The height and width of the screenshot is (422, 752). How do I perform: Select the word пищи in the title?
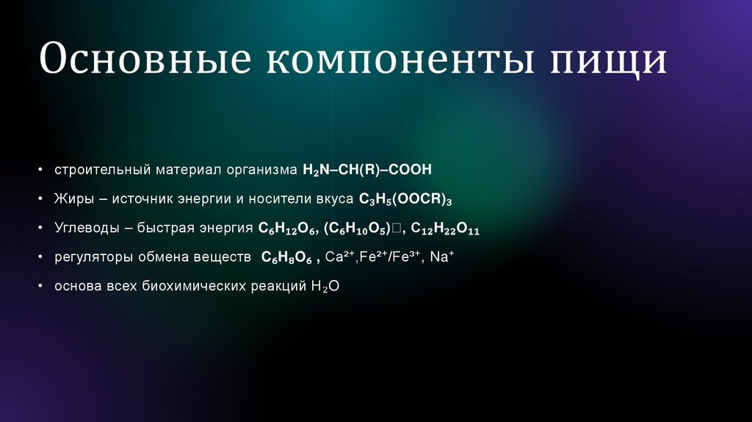click(609, 60)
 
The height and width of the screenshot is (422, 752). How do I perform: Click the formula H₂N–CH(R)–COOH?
click(367, 170)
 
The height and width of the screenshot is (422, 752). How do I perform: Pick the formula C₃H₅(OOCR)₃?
click(405, 199)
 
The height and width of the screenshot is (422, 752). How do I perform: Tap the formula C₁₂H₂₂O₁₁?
click(445, 229)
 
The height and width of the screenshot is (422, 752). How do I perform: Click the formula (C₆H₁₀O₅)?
click(358, 229)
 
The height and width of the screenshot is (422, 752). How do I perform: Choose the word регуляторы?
click(91, 257)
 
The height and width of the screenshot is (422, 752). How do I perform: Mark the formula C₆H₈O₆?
click(287, 258)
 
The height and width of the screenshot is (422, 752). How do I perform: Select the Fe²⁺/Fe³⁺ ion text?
click(390, 257)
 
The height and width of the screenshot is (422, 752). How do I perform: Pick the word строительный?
click(101, 170)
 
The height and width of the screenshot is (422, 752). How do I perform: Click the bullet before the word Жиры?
click(42, 199)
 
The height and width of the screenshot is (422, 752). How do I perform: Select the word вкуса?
click(336, 199)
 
